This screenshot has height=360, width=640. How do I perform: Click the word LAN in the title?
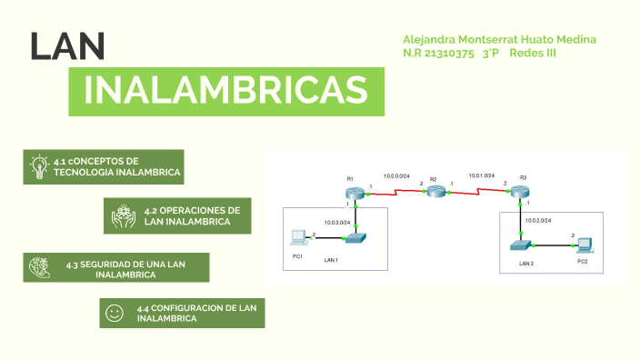pos(67,46)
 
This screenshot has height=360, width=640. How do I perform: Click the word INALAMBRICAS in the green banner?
pos(225,90)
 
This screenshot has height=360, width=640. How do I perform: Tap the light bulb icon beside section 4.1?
pos(38,166)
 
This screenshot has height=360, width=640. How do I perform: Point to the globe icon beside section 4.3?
pos(39,266)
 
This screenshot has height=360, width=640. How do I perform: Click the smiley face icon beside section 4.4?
pos(115,314)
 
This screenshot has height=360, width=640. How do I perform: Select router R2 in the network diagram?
pos(437,191)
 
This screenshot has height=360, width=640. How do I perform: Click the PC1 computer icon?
pos(296,238)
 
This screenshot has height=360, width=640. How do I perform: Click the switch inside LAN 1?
pos(355,237)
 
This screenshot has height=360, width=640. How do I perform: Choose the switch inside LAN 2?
pos(520,245)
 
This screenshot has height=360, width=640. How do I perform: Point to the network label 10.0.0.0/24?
pos(396,175)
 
